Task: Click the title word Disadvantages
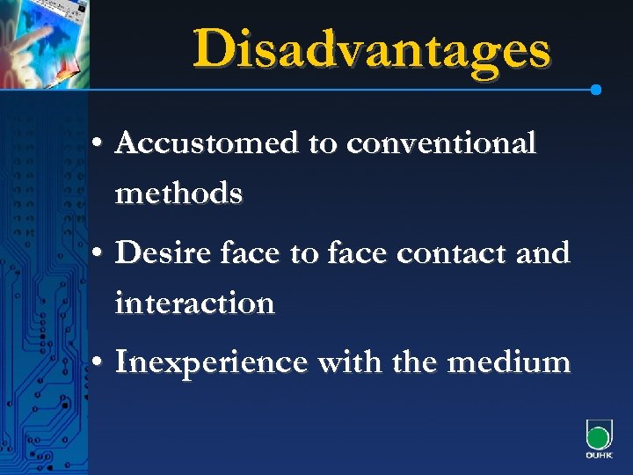pos(372,49)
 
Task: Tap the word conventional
pos(441,142)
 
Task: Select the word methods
pos(178,191)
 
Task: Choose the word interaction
pos(194,303)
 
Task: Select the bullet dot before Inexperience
pos(98,362)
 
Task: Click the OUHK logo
pos(598,436)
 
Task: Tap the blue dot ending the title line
pos(596,90)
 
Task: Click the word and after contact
pos(543,254)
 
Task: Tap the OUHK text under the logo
pos(598,457)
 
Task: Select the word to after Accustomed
pos(321,143)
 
